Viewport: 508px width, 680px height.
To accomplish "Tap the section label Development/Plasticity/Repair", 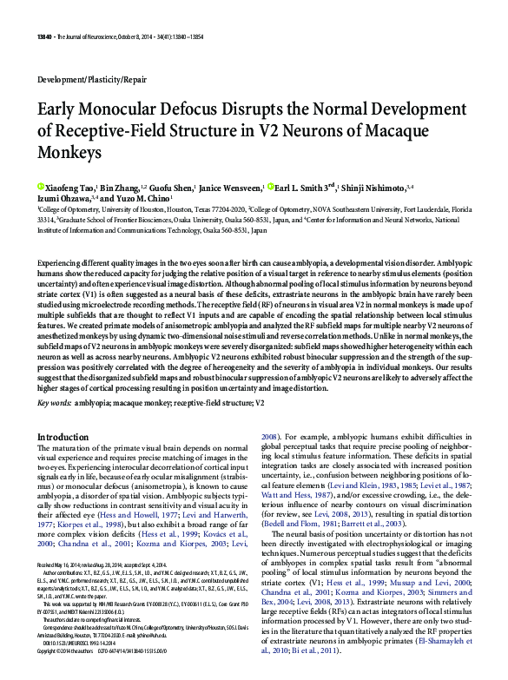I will pyautogui.click(x=92, y=78).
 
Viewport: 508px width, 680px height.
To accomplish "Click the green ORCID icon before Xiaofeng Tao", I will pyautogui.click(x=40, y=187).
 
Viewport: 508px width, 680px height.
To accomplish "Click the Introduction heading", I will pyautogui.click(x=69, y=437).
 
